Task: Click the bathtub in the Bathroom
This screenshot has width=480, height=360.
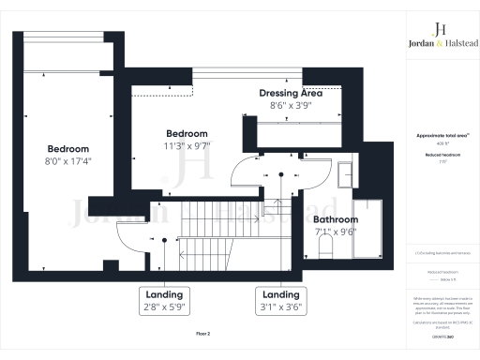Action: pos(364,230)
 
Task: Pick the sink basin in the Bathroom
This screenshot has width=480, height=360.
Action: pos(347,174)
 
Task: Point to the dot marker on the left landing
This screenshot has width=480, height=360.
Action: pos(165,242)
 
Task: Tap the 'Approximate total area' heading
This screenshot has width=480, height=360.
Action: pos(436,136)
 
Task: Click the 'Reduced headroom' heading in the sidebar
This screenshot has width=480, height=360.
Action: pos(436,156)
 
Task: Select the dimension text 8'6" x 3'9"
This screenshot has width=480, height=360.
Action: pos(291,107)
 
